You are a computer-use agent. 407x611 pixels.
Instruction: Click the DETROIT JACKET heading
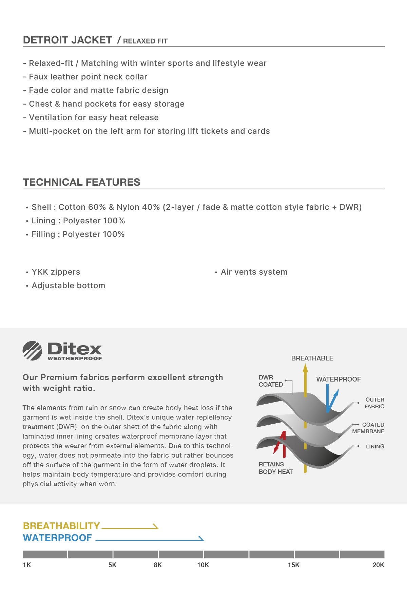[x=67, y=40]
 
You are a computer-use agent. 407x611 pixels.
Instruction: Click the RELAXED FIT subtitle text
[x=145, y=41]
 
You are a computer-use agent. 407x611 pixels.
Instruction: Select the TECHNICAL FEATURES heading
[x=81, y=182]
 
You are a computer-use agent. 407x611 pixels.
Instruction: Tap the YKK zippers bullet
[x=56, y=272]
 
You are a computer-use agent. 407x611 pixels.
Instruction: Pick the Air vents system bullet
[x=254, y=272]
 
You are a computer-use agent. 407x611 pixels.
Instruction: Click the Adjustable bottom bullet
[x=68, y=285]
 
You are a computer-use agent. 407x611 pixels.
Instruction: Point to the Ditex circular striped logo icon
[x=33, y=351]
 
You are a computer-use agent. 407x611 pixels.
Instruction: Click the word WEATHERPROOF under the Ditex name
[x=75, y=358]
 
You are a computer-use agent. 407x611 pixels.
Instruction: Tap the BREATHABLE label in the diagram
[x=312, y=358]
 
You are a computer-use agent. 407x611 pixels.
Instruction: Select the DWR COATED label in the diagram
[x=271, y=381]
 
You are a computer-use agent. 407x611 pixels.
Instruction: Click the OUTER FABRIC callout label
[x=374, y=403]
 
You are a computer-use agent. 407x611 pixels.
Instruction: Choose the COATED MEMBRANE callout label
[x=368, y=428]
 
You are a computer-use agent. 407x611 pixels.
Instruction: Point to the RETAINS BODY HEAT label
[x=275, y=468]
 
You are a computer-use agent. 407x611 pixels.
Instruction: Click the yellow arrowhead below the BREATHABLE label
[x=305, y=368]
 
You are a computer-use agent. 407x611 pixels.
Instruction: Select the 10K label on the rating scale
[x=203, y=565]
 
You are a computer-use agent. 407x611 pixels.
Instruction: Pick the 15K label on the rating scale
[x=294, y=565]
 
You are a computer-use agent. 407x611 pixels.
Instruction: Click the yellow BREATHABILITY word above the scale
[x=61, y=526]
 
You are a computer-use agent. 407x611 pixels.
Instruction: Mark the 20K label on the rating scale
[x=378, y=565]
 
